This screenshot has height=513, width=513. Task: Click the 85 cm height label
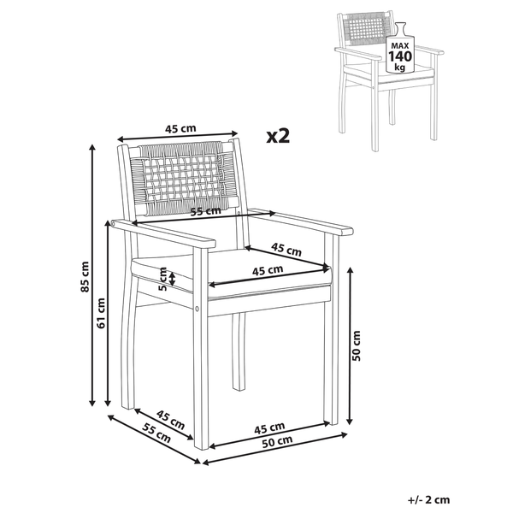point(85,276)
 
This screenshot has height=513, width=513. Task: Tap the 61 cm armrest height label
point(101,313)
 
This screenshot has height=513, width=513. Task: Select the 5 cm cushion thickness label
point(162,279)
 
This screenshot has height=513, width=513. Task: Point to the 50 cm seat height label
point(357,345)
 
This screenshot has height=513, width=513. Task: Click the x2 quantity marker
point(278,135)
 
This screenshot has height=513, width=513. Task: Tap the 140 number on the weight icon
point(400,56)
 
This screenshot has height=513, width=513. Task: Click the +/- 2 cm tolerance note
point(428,500)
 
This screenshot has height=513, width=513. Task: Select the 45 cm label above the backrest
point(180,128)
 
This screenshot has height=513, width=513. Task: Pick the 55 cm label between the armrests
point(206,211)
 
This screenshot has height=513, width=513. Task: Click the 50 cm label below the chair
point(277,442)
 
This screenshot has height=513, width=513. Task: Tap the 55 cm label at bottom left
point(156,432)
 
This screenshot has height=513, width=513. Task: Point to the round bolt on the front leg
point(198,309)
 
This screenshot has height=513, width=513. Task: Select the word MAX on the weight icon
point(400,46)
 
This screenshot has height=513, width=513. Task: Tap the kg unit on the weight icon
point(400,67)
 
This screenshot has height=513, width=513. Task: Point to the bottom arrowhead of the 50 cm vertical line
point(350,422)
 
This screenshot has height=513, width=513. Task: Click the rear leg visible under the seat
point(239,351)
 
